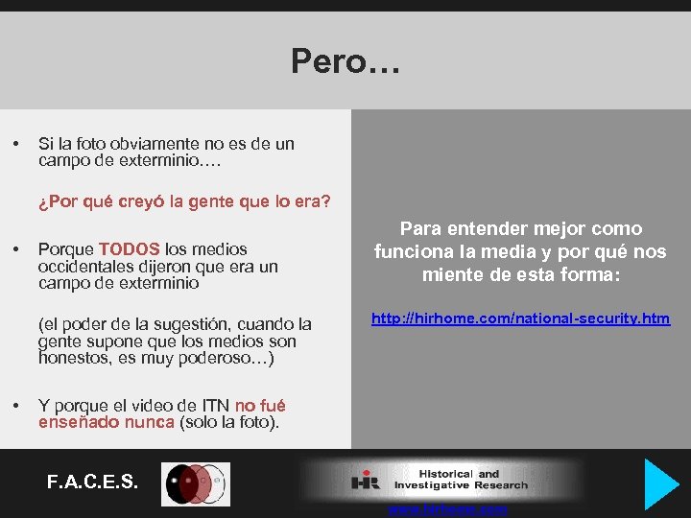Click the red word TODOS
129,249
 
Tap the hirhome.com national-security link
521,318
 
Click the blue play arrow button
660,483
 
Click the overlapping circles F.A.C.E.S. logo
195,483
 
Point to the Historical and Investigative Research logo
441,480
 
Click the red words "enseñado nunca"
107,422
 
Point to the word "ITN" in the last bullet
213,406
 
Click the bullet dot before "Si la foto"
16,144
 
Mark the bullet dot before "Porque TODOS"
16,249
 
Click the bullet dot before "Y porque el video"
16,406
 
